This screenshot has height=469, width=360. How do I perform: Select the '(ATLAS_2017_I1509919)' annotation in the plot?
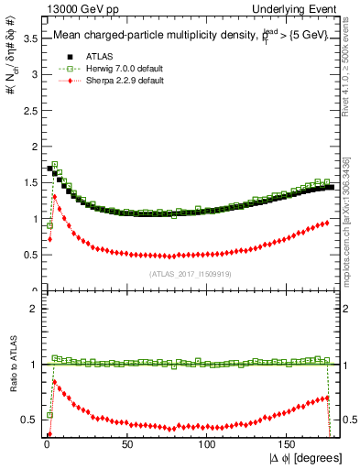click(190, 273)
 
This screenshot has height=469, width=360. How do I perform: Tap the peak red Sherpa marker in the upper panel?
click(55, 196)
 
